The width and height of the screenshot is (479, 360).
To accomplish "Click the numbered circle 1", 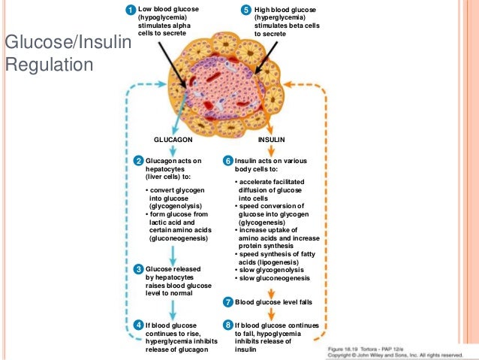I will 131,9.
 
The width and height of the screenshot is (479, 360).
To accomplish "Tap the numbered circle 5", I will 246,9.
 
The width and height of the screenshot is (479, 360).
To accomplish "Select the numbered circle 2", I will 138,161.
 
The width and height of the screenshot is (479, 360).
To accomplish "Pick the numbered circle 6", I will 227,161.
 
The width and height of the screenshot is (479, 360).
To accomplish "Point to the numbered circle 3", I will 138,269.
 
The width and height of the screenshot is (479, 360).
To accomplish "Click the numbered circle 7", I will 227,302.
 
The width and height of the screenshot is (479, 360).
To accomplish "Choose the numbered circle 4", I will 138,324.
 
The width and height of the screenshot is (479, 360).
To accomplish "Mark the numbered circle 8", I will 227,324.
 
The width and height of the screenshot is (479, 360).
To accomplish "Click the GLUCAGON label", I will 173,140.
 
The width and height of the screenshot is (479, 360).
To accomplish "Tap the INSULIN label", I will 271,140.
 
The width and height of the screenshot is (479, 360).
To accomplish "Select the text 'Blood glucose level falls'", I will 273,302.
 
